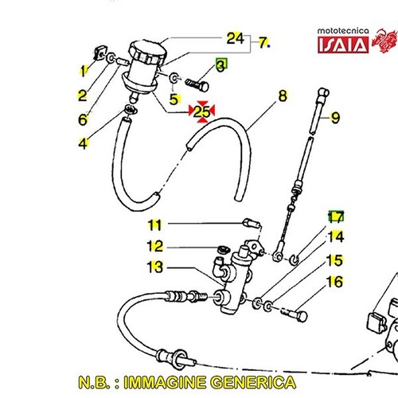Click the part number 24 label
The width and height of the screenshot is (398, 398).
click(235, 38)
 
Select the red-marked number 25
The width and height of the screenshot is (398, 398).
click(201, 111)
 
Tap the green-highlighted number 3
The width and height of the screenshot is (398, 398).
click(220, 65)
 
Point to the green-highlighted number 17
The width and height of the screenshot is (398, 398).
click(336, 217)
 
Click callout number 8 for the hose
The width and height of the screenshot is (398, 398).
click(283, 96)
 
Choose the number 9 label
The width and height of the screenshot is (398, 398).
click(335, 118)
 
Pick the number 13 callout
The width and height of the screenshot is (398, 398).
click(154, 267)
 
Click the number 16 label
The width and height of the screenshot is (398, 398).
click(335, 282)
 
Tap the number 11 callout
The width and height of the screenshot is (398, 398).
click(154, 225)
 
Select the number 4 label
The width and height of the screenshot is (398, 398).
click(83, 143)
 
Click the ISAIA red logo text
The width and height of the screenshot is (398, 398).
click(343, 45)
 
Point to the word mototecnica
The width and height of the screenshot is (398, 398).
click(343, 31)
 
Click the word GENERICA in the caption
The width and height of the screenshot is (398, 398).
click(253, 382)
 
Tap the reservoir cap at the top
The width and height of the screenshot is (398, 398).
click(147, 52)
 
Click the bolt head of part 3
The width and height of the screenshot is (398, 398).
click(205, 87)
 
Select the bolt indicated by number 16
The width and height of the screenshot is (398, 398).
click(295, 314)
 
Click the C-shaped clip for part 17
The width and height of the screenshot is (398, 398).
click(295, 259)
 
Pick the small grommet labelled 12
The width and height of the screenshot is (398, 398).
click(222, 250)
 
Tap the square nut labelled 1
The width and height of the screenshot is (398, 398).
click(99, 53)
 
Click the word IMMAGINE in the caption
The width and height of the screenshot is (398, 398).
click(166, 382)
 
